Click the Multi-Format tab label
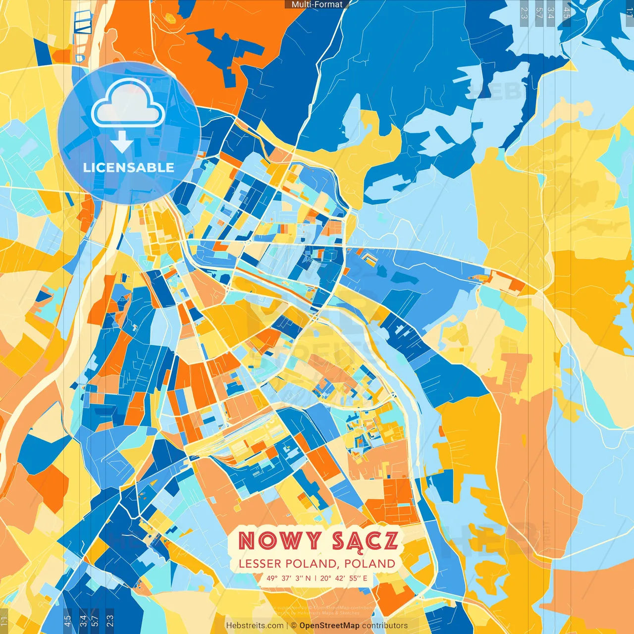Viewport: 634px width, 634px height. tap(317, 4)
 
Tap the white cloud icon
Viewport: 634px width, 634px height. tap(128, 103)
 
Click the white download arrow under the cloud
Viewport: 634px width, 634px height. tap(122, 142)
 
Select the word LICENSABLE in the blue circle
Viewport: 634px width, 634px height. tap(129, 167)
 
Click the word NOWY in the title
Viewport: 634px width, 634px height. tap(279, 540)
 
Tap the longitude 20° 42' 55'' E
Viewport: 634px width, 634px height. tap(344, 578)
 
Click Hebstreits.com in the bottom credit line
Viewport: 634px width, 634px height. tap(255, 626)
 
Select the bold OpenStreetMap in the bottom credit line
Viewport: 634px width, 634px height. tap(329, 626)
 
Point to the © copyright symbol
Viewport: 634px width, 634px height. tap(293, 626)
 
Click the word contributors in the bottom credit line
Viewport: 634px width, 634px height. tap(385, 626)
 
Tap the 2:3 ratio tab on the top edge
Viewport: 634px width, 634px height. tap(524, 13)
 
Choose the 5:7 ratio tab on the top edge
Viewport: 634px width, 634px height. tap(539, 13)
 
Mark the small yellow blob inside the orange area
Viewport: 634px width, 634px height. tap(170, 18)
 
